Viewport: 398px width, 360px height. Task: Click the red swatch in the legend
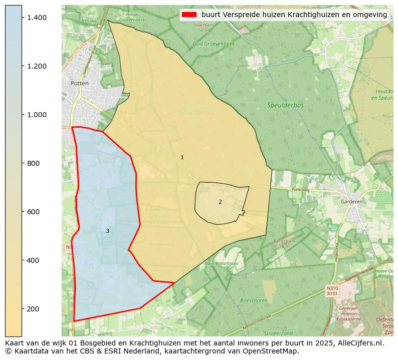(189, 15)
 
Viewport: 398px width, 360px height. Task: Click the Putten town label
(80, 83)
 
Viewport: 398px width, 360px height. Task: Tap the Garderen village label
(351, 201)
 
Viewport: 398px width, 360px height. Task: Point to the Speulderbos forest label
(286, 105)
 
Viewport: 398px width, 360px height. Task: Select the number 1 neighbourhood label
(182, 157)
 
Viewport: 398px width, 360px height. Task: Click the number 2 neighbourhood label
(220, 202)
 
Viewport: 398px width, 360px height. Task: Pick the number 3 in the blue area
(107, 231)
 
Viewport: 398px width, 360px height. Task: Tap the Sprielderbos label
(196, 113)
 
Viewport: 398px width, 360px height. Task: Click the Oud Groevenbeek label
(214, 44)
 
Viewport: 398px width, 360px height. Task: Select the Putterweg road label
(301, 190)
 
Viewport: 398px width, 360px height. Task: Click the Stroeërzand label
(279, 333)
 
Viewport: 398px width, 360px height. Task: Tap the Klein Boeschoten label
(222, 263)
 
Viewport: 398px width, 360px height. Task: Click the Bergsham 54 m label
(282, 244)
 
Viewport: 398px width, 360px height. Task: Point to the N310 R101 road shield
(332, 291)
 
